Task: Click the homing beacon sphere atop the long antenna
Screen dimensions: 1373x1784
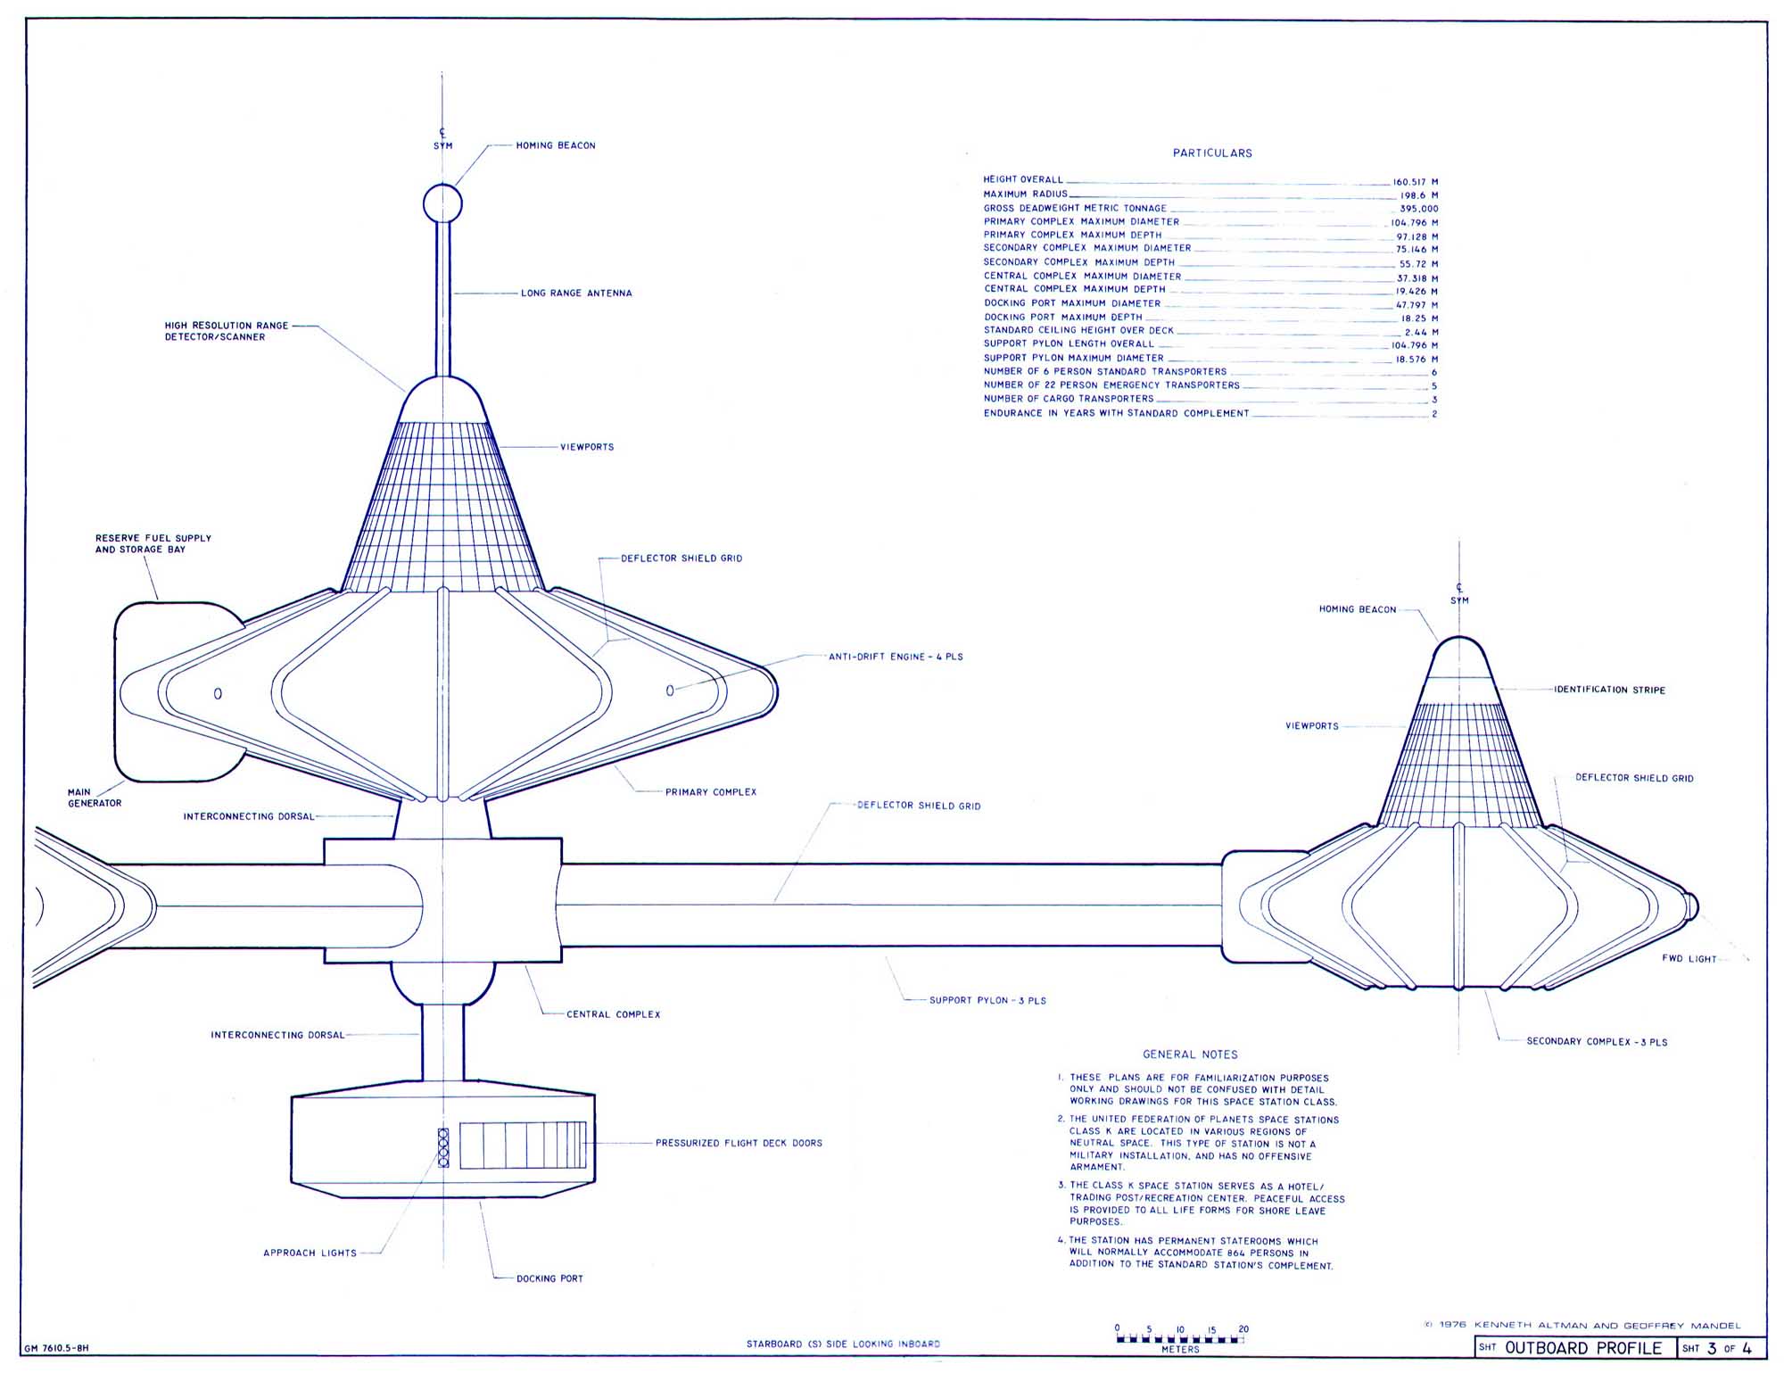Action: [x=442, y=203]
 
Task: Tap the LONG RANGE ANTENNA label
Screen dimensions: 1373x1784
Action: [x=576, y=293]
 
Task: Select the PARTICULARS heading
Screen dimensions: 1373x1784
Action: [x=1212, y=153]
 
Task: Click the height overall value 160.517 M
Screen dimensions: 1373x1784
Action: [x=1415, y=181]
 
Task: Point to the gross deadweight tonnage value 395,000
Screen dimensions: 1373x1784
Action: [x=1418, y=209]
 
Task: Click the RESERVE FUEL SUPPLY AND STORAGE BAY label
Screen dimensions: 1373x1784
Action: [x=153, y=544]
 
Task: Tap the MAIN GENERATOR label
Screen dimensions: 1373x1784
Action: [x=95, y=798]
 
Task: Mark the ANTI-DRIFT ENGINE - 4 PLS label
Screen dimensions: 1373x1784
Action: [x=896, y=657]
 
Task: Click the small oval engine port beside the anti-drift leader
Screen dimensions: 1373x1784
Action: [x=670, y=691]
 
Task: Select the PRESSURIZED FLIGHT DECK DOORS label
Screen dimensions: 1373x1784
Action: [x=739, y=1143]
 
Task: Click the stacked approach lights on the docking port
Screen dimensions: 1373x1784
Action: [x=443, y=1147]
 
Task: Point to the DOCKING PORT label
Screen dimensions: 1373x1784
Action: [x=549, y=1278]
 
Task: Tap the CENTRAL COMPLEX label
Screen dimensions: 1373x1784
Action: [x=614, y=1014]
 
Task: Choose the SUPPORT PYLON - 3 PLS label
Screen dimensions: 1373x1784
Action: [x=987, y=1000]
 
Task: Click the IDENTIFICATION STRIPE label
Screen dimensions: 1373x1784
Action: [x=1609, y=690]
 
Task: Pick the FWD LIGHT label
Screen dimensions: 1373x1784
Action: [x=1689, y=959]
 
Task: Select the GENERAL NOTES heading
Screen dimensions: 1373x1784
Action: [x=1190, y=1055]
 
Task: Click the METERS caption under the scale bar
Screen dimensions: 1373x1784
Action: [x=1180, y=1350]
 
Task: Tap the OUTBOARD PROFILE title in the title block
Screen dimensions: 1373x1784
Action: [x=1583, y=1348]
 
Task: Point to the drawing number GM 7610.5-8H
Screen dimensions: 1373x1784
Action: [x=56, y=1349]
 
